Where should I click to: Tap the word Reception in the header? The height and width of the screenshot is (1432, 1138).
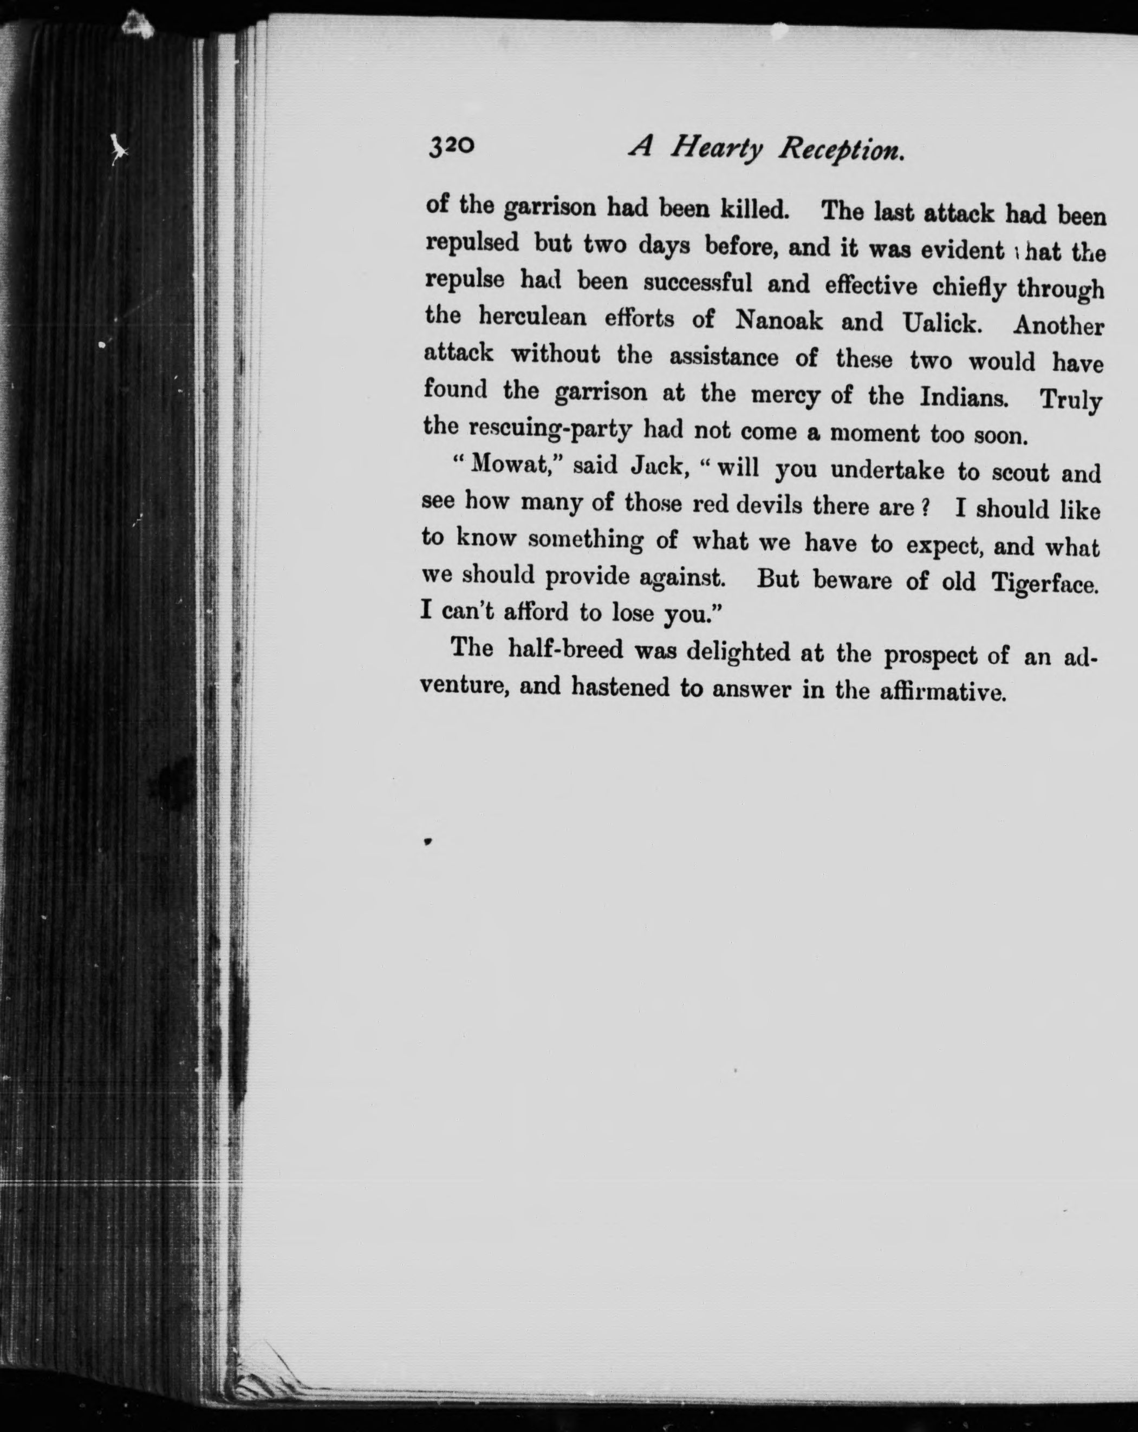pos(841,152)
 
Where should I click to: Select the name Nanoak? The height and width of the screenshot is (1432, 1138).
pos(778,322)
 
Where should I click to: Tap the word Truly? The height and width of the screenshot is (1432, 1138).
pos(1071,401)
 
